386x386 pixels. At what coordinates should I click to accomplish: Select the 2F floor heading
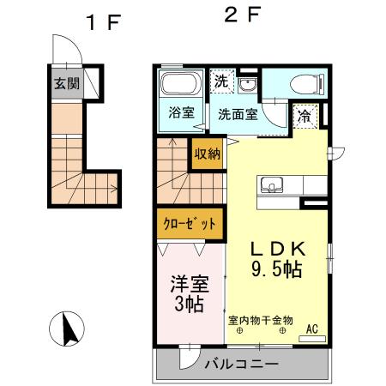[239, 15]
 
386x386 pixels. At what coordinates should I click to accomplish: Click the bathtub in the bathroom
[180, 86]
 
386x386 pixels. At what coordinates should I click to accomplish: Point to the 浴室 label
[181, 113]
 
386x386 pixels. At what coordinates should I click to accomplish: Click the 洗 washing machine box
[222, 82]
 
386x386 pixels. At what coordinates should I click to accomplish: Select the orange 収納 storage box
[207, 154]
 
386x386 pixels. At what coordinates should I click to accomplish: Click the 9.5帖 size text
[276, 268]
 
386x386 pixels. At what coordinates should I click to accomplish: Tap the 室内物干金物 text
[260, 320]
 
